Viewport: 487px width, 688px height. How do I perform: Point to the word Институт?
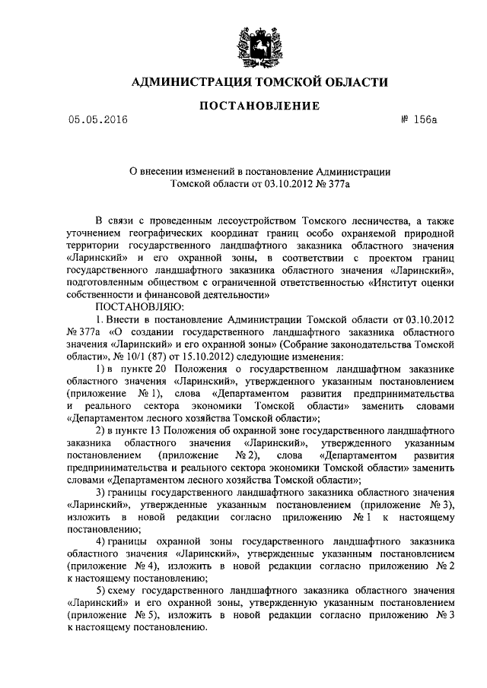coord(392,281)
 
